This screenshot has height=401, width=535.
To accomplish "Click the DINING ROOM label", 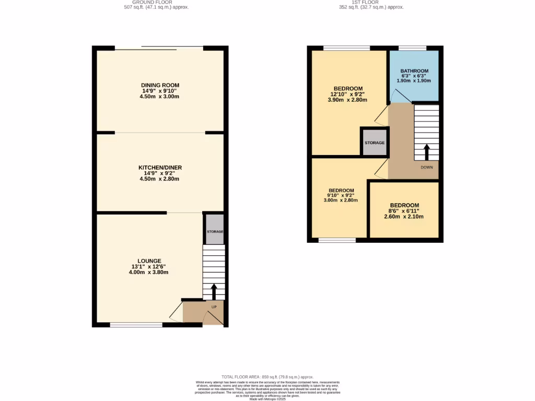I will click(160, 85).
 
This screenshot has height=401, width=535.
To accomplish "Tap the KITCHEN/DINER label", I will click(160, 168).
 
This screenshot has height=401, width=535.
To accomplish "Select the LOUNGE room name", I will click(149, 261).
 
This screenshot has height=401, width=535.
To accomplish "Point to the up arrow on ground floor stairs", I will click(213, 291).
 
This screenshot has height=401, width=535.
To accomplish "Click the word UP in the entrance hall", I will click(214, 307).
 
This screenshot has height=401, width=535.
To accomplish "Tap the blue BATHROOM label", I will click(414, 71).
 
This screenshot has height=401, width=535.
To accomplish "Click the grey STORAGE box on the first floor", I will click(375, 142).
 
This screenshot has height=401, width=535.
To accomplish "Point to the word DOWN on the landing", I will click(426, 168).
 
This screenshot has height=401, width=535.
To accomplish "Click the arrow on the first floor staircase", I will click(426, 152).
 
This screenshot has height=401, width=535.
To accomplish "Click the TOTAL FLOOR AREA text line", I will click(267, 376).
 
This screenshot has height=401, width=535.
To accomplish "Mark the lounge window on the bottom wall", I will click(136, 325).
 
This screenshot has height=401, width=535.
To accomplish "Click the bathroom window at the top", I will click(412, 49).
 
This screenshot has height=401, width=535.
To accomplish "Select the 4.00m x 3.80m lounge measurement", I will click(149, 272).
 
